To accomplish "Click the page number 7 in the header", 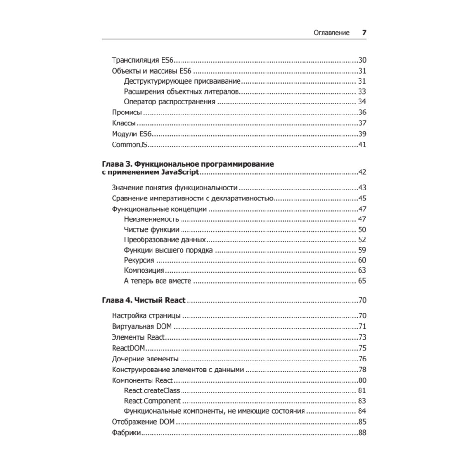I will point(364,33).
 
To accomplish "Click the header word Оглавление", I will point(332,33).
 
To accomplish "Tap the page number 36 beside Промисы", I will point(362,113).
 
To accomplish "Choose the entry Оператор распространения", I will point(170,102).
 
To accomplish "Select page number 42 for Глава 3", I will point(362,172).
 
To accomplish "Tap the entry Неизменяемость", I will point(152,219).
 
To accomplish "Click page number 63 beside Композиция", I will point(362,271).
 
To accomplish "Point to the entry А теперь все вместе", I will point(157,281).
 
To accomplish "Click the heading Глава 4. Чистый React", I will point(143,301).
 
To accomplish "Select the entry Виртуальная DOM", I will point(142,326).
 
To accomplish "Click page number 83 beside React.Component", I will point(362,401).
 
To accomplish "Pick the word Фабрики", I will point(126,433).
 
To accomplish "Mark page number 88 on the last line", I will point(362,433).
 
